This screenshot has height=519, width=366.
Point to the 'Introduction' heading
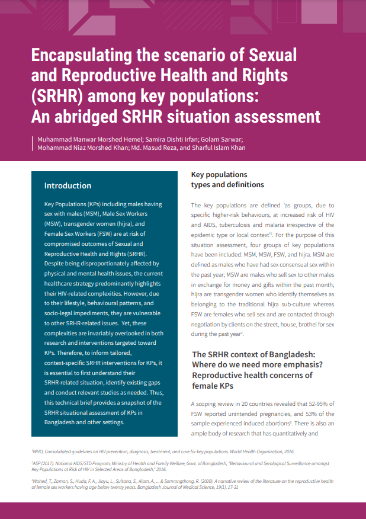tap(68, 185)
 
